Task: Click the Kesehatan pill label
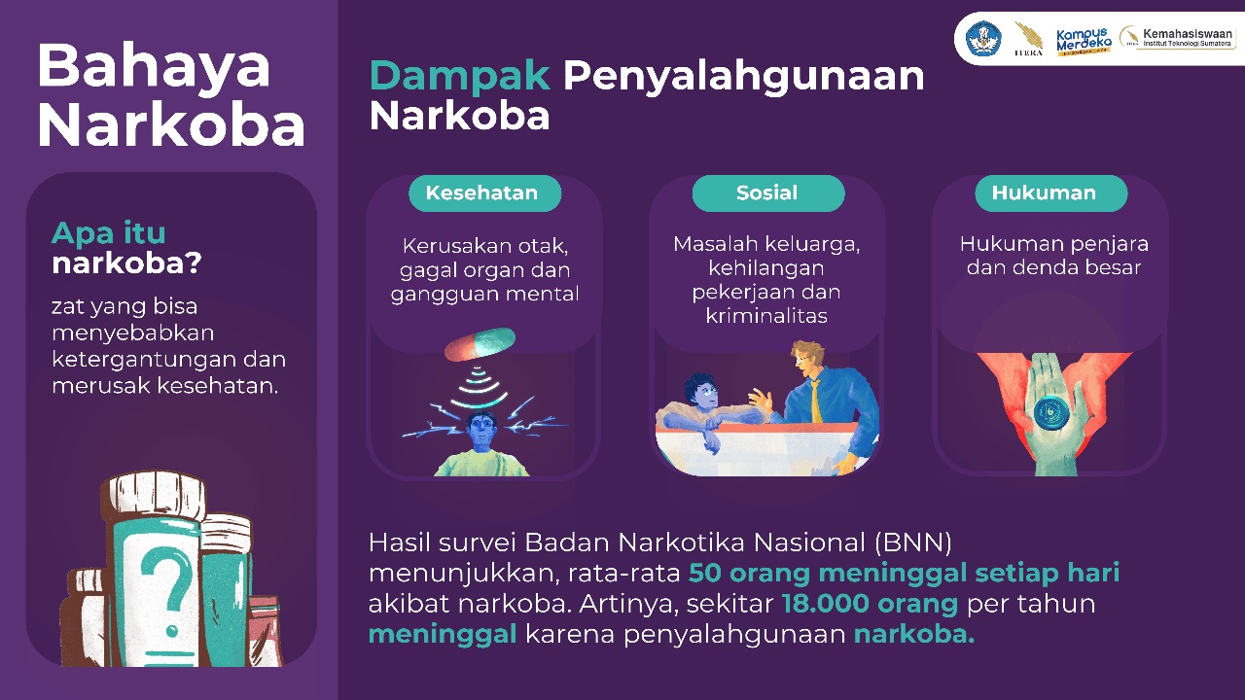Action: (x=484, y=193)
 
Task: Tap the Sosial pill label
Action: (x=768, y=193)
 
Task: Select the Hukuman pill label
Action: (x=1051, y=193)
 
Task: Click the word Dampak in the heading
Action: (x=460, y=76)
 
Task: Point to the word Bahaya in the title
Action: (x=154, y=67)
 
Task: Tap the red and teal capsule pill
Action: (x=480, y=344)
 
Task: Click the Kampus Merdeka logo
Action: (x=1084, y=41)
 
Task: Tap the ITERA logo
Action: (x=1028, y=39)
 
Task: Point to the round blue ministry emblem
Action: (x=983, y=38)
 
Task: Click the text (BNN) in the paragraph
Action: (x=912, y=542)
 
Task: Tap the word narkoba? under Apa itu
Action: (x=126, y=262)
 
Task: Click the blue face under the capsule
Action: (x=481, y=433)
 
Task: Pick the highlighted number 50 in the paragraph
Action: (x=705, y=574)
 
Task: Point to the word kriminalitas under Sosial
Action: (x=766, y=316)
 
